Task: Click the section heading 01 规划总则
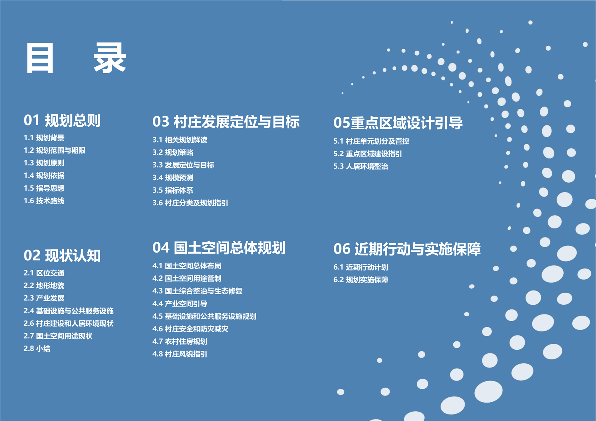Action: tap(62, 120)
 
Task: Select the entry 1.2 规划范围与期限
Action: tap(54, 150)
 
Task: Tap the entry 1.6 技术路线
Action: tap(44, 201)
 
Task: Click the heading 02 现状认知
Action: tap(62, 256)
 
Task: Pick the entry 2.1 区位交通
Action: tap(44, 273)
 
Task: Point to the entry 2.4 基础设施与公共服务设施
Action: tap(69, 311)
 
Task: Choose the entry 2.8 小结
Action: tap(37, 349)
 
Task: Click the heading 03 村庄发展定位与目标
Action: tap(226, 122)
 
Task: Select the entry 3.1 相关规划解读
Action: tap(180, 140)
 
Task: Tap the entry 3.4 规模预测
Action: tap(173, 177)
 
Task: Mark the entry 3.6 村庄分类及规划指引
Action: tap(190, 203)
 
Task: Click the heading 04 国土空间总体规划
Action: tap(219, 248)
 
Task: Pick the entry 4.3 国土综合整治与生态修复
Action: tap(198, 291)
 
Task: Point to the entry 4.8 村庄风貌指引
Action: tap(180, 354)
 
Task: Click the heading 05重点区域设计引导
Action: tap(398, 123)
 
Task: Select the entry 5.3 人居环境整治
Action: tap(361, 166)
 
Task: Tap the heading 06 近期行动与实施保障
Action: tap(407, 249)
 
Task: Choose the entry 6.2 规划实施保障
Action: tap(361, 280)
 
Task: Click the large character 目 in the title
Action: tap(40, 58)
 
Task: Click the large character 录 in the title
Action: tap(110, 58)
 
